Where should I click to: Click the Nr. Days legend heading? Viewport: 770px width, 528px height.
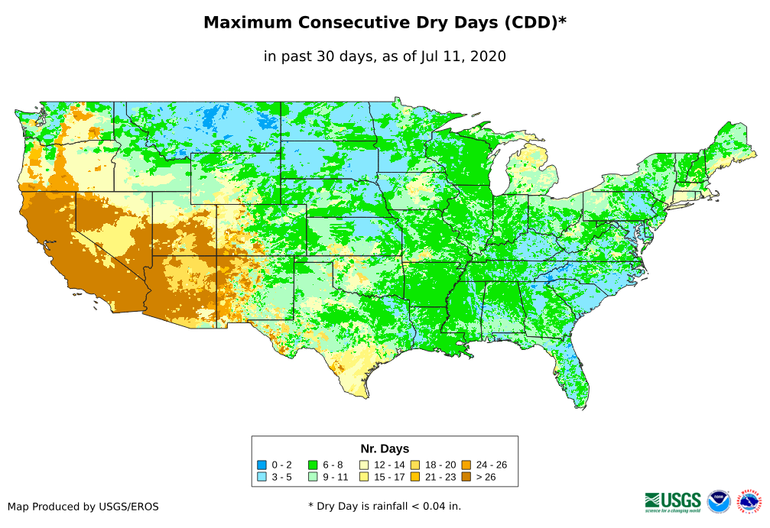[385, 449]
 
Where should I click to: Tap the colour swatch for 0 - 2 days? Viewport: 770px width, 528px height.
[262, 465]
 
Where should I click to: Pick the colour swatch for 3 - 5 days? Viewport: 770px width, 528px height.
[262, 477]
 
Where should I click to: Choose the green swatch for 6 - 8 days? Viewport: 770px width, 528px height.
[313, 465]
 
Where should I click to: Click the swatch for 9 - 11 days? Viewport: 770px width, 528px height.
[313, 477]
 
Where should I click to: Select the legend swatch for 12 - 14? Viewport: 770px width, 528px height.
[364, 465]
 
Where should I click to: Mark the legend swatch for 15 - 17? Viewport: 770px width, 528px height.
[364, 477]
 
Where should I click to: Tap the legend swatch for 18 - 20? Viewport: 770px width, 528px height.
[414, 465]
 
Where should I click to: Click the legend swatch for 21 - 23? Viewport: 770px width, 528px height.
[414, 477]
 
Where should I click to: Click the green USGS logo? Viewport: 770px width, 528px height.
[673, 501]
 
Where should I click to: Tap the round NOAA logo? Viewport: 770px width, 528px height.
[719, 502]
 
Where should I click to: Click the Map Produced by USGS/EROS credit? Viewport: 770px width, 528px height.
[83, 507]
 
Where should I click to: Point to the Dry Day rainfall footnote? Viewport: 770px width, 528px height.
[385, 506]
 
